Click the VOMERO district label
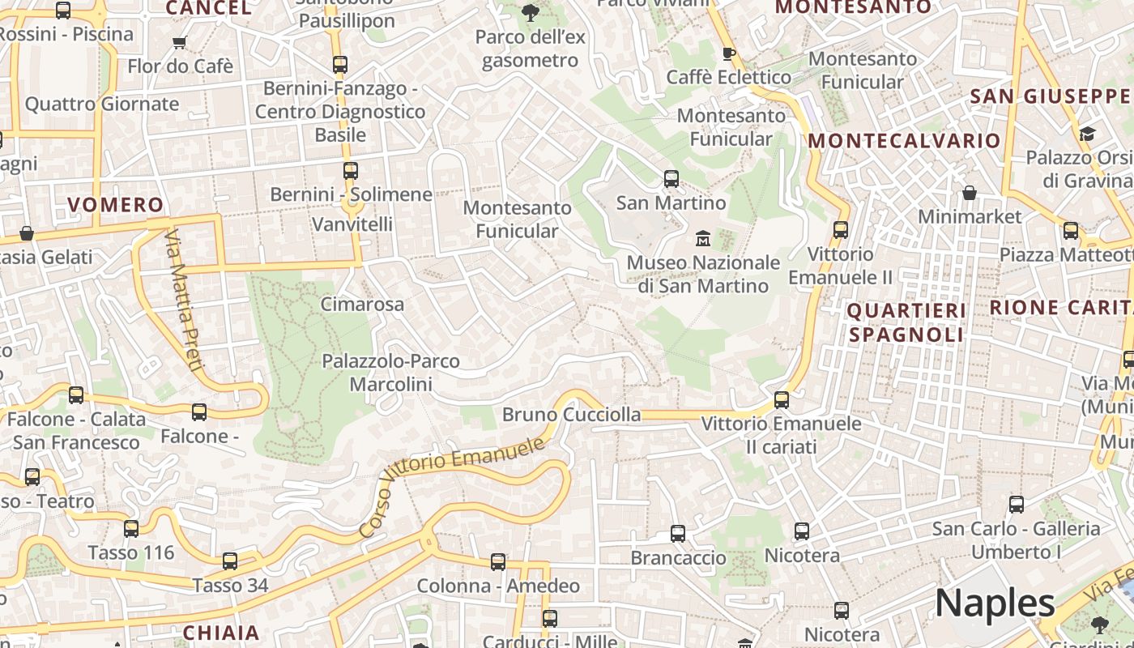tap(115, 204)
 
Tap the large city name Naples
tap(995, 603)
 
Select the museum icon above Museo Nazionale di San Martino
tap(702, 238)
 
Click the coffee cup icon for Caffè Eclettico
tap(728, 53)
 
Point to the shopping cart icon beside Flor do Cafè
tap(179, 42)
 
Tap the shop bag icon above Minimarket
tap(969, 193)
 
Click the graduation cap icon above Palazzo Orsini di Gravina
tap(1086, 133)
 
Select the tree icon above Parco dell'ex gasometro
tap(531, 12)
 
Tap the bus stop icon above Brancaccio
tap(678, 534)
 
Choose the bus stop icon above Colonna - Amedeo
tap(498, 562)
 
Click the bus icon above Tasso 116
tap(131, 529)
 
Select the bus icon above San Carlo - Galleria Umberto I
tap(1017, 505)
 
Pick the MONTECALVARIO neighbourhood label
tap(904, 140)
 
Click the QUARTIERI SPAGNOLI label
tap(906, 322)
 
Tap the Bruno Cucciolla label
tap(571, 415)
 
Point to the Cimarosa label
tap(362, 305)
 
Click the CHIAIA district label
tap(221, 633)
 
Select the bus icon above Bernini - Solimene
tap(351, 171)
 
